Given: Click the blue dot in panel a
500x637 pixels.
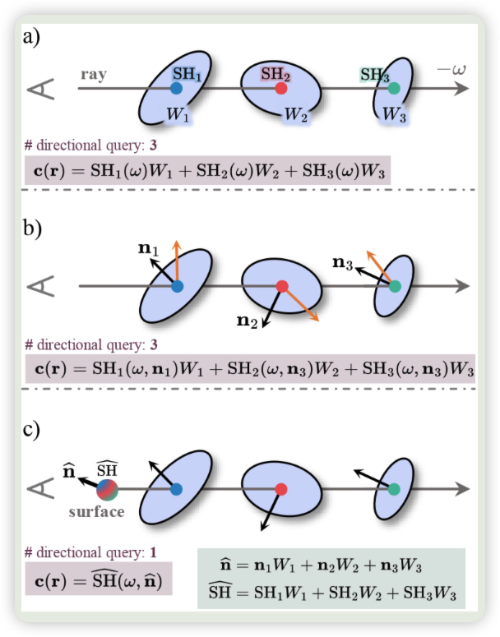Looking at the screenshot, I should point(177,87).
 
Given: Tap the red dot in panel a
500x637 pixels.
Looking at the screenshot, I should point(281,87).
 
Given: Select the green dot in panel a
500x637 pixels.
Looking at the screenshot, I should point(394,87).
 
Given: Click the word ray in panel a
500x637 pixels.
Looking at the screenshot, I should point(93,75).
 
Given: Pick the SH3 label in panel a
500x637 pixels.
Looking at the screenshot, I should point(374,74).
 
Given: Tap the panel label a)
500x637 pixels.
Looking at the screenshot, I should point(35,38).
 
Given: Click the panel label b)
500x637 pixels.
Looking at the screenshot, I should point(35,227).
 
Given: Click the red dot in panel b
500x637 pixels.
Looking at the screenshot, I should point(282,286).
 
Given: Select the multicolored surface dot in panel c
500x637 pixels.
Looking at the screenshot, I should point(107,490).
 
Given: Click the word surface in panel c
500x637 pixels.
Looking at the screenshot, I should point(97,512).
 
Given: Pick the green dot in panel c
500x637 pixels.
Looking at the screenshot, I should point(395,489).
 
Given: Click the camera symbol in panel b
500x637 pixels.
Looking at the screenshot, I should point(42,286).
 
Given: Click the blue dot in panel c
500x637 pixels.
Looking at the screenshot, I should point(176,489).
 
